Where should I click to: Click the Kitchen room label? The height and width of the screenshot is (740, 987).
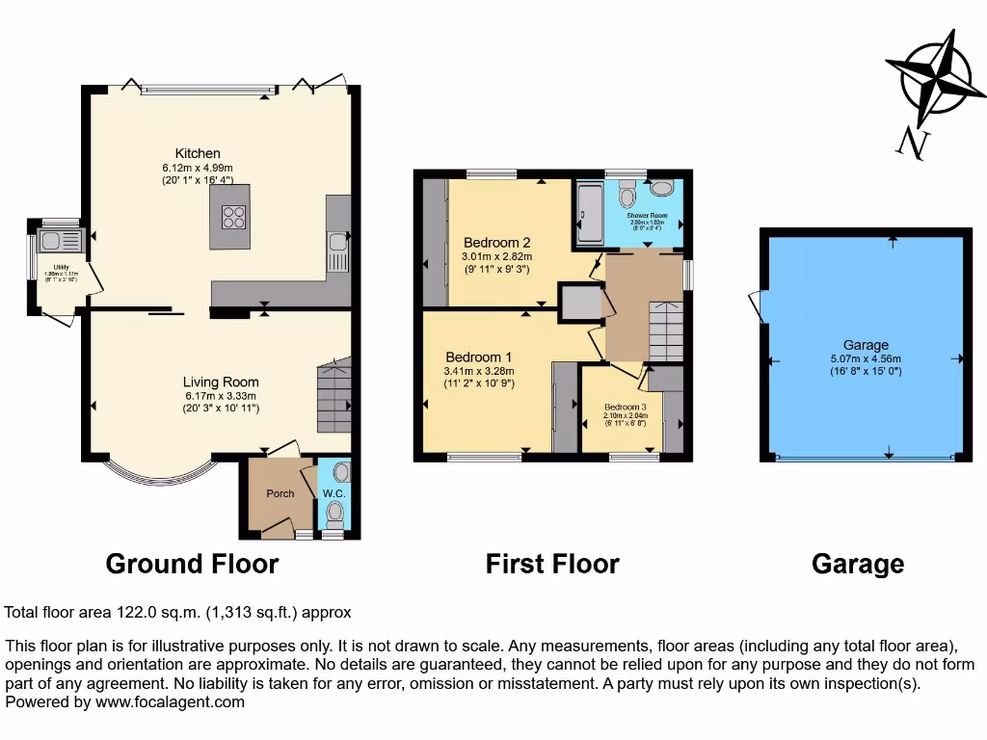(198, 153)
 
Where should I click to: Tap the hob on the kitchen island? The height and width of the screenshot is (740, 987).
(234, 217)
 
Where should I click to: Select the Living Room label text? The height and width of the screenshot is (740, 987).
(221, 382)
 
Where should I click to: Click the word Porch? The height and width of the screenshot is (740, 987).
(280, 493)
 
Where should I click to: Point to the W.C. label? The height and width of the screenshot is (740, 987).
(334, 494)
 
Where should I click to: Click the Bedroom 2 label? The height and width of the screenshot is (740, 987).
(496, 242)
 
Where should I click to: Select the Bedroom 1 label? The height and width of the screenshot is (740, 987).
(478, 357)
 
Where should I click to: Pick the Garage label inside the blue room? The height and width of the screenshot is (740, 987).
(865, 345)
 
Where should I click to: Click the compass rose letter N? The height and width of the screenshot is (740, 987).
(910, 144)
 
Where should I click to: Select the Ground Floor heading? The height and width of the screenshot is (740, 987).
(192, 564)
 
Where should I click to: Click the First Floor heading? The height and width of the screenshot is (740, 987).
(552, 564)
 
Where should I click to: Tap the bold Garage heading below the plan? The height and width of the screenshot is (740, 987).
(858, 564)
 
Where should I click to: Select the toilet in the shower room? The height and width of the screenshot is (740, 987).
(628, 198)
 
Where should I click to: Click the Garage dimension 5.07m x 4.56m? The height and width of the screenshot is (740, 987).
(865, 358)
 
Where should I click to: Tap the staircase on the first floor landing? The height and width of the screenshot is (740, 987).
(665, 330)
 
